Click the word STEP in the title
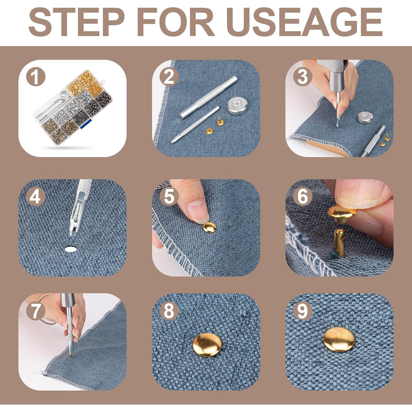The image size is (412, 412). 76,22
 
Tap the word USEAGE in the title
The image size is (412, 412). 305,22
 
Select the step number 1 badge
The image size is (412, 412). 35,77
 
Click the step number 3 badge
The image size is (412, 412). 302,77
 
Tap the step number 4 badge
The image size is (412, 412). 35,197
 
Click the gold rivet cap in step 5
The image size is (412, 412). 210,228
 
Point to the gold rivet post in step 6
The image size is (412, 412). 339,242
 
